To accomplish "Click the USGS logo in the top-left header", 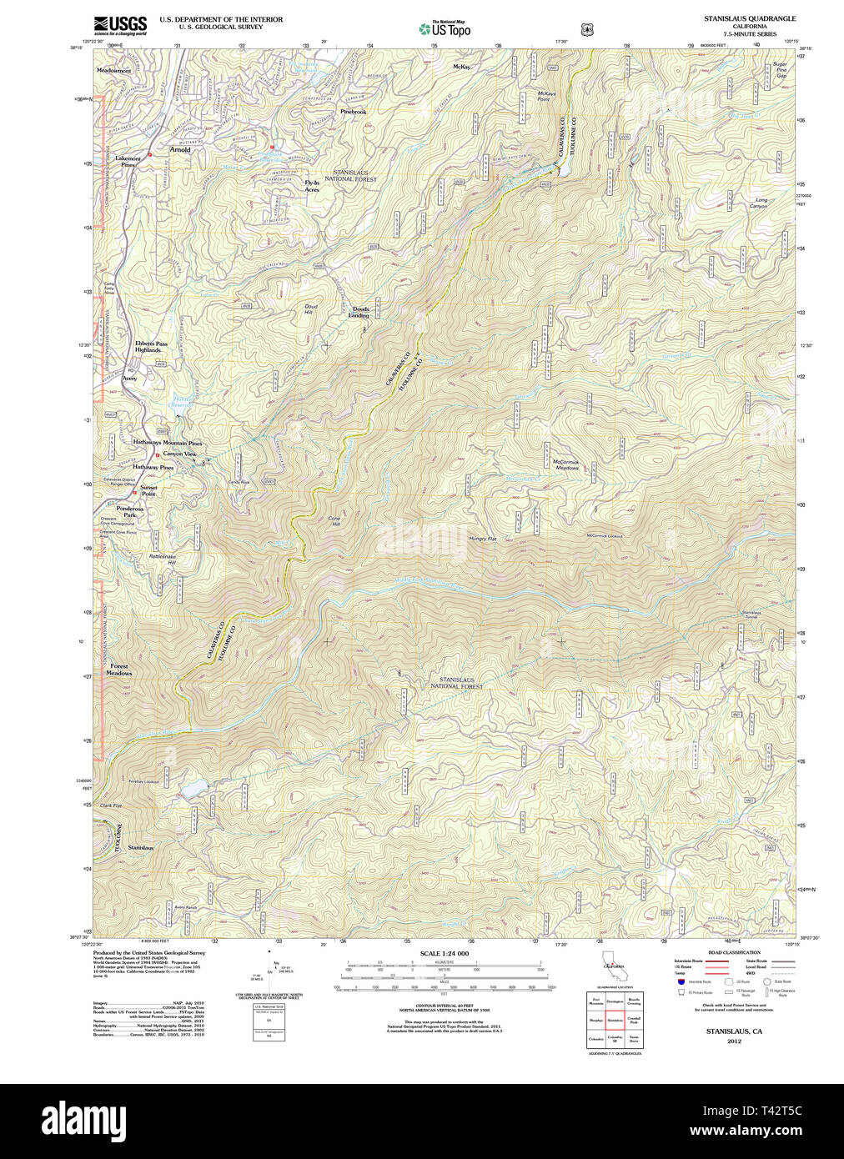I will [120, 25].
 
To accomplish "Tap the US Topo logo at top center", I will [445, 29].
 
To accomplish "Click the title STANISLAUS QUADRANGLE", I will [749, 18].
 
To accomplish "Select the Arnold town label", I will [180, 150].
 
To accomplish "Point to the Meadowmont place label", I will [114, 71].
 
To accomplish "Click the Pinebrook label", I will [353, 112].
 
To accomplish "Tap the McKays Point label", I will [546, 96].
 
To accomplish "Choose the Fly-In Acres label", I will [312, 186].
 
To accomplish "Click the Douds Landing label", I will [359, 312].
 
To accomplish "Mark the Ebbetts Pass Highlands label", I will [151, 347].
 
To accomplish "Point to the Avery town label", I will [129, 379].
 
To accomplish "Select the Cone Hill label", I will [334, 521].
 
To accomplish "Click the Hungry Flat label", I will [482, 539].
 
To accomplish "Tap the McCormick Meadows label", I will [566, 464].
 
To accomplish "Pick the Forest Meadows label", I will [119, 670].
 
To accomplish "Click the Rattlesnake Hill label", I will [163, 559].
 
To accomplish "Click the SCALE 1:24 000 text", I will [444, 953].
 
